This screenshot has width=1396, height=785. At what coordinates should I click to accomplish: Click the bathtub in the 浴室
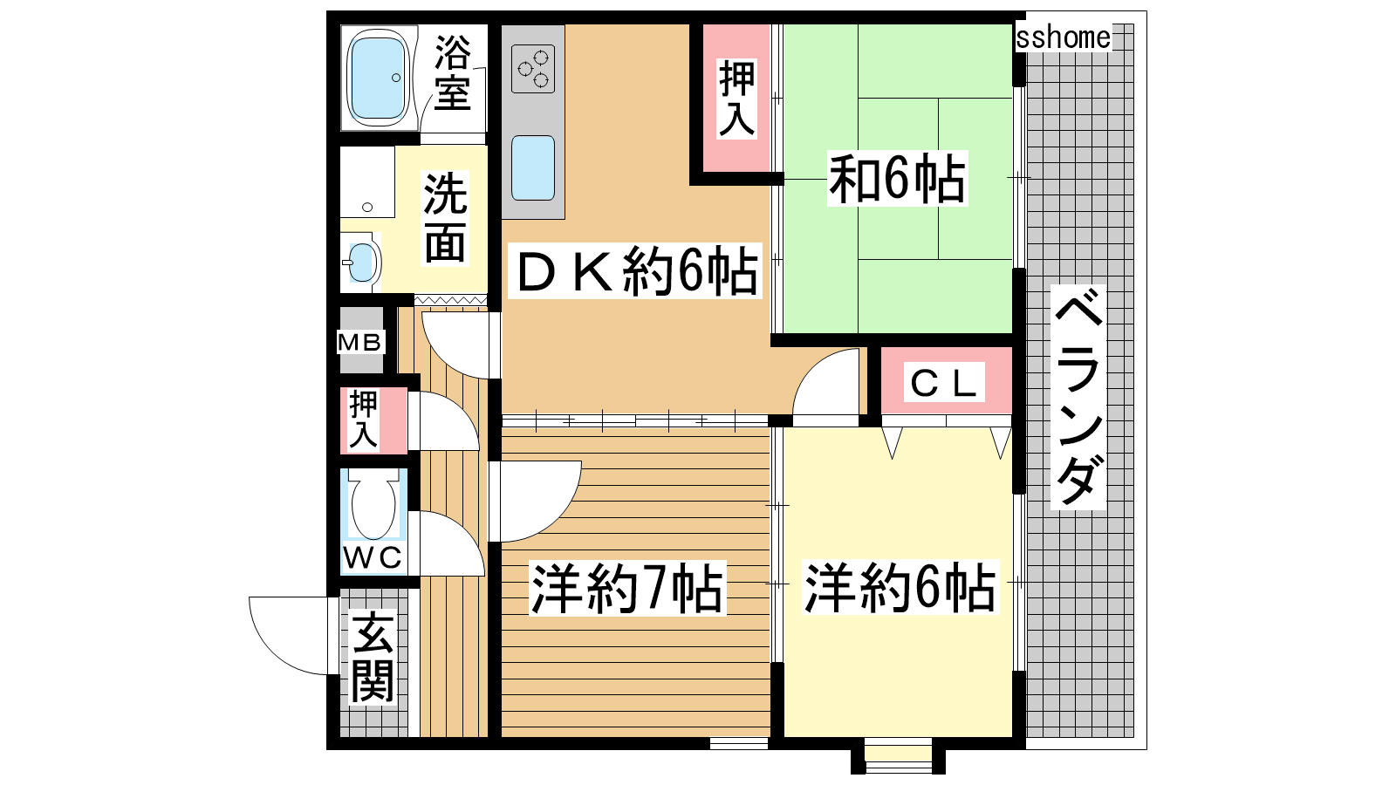click(x=379, y=77)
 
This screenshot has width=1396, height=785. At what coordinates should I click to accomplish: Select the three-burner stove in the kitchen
click(x=533, y=69)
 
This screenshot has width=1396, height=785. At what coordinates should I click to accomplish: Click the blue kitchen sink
click(x=533, y=168)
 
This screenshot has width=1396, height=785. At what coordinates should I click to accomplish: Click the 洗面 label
click(x=445, y=217)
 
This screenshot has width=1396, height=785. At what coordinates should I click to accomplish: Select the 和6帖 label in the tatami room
click(x=898, y=179)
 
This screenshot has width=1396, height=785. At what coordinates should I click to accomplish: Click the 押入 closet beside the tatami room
click(x=736, y=98)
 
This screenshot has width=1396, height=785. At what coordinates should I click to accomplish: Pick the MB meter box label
click(x=360, y=341)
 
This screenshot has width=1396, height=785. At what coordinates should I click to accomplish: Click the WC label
click(x=373, y=557)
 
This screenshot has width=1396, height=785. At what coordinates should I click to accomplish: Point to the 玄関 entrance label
click(x=373, y=657)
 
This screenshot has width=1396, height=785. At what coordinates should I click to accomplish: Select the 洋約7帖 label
click(x=627, y=588)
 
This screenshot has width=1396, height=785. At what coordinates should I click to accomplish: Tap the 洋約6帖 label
click(x=900, y=588)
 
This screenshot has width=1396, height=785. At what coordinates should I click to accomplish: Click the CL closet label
click(x=943, y=383)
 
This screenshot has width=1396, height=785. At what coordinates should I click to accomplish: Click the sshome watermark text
click(x=1064, y=38)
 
